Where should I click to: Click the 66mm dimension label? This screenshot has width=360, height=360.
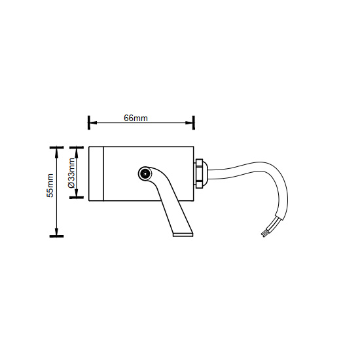click(135, 118)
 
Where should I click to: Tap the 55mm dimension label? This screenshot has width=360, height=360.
click(50, 185)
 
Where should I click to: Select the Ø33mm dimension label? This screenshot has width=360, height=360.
click(71, 173)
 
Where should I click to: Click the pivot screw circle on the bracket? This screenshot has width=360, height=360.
click(145, 174)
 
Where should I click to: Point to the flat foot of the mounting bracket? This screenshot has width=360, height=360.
click(183, 235)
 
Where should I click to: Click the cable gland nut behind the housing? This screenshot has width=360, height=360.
click(198, 173)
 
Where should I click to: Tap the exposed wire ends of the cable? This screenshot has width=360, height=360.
click(266, 232)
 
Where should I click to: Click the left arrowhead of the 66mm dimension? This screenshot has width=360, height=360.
click(92, 122)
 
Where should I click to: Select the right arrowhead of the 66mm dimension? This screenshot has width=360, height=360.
click(190, 122)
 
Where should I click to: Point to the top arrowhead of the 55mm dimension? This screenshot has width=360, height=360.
click(56, 153)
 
